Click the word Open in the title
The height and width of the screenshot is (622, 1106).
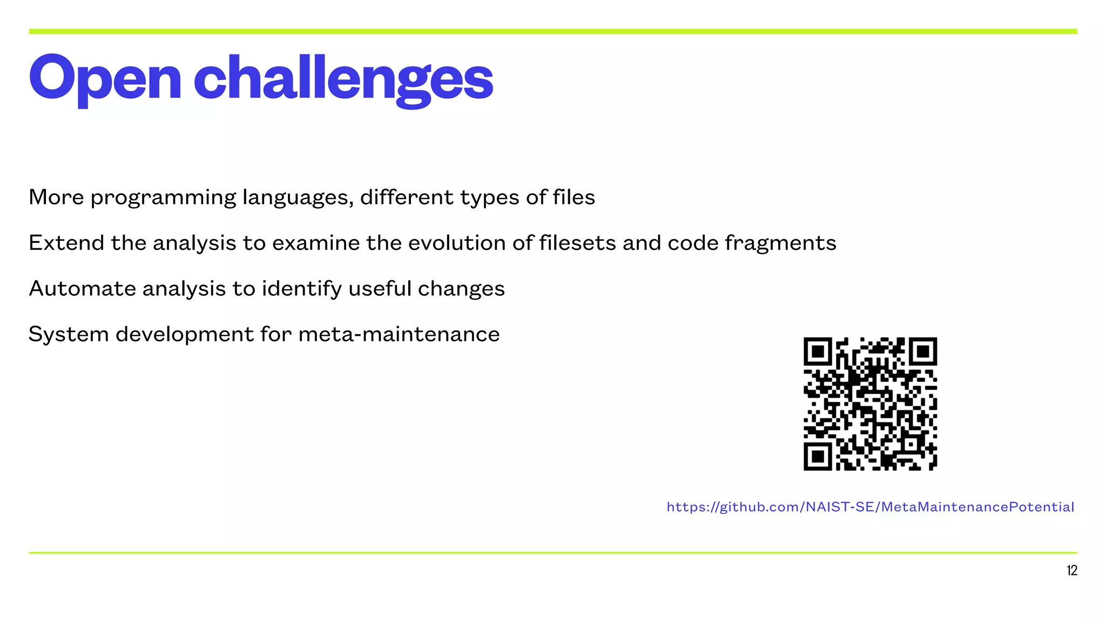(105, 78)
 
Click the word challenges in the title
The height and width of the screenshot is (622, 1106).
(343, 78)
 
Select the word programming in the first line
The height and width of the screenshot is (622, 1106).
(163, 198)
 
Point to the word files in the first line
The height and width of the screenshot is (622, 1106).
(574, 197)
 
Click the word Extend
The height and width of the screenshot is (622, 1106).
(66, 243)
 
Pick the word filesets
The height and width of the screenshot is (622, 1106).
(577, 243)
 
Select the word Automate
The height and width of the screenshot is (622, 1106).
(83, 289)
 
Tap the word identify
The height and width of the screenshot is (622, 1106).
(302, 289)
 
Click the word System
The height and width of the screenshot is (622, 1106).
(69, 334)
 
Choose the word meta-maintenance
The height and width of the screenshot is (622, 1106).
(399, 334)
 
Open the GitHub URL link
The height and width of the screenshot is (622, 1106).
(870, 507)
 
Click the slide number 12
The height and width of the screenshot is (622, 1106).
(1071, 571)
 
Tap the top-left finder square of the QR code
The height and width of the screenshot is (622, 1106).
(818, 352)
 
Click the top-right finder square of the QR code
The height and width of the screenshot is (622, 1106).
(923, 352)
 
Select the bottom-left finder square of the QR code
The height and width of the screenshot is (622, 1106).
(818, 457)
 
